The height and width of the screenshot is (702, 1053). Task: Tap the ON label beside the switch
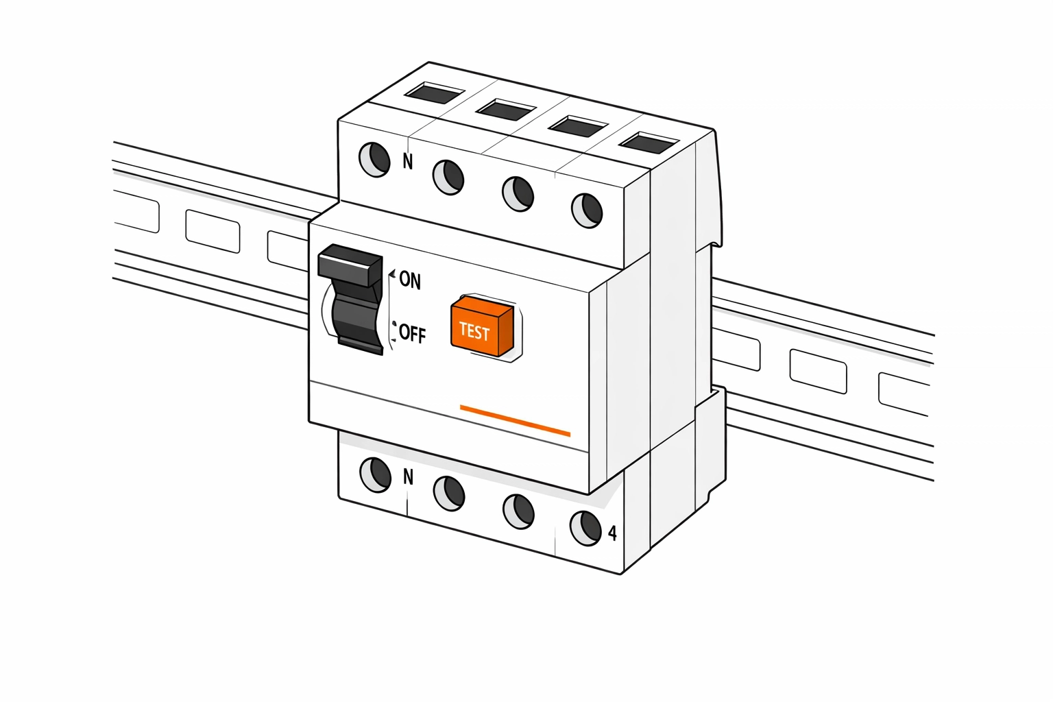[x=410, y=280]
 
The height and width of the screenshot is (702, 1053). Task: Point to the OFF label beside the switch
[x=412, y=334]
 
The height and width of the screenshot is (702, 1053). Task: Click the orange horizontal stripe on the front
[x=515, y=420]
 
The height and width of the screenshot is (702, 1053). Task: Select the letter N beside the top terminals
[x=408, y=162]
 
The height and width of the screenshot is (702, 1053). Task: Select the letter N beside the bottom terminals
[x=409, y=476]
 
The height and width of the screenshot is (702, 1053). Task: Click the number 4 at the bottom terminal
[x=612, y=533]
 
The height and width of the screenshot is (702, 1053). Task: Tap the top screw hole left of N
[x=375, y=160]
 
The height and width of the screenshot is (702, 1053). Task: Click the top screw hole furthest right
[x=587, y=210]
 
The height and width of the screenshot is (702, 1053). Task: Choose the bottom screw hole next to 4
[x=585, y=527]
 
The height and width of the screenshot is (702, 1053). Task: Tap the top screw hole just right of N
[x=448, y=177]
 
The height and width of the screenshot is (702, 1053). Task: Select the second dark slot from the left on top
[x=506, y=109]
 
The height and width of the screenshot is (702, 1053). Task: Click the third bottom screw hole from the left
[x=518, y=511]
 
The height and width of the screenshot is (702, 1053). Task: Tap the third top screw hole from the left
[x=518, y=193]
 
